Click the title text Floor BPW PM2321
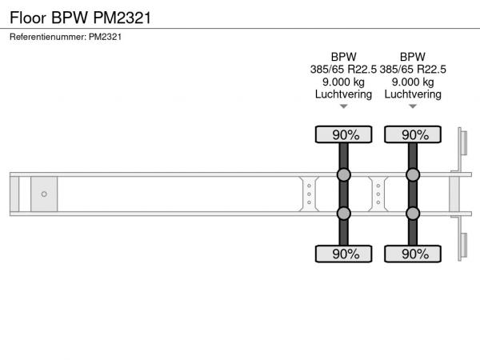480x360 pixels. pos(80,18)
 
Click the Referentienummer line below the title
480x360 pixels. pos(66,37)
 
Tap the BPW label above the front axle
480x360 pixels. pos(343,57)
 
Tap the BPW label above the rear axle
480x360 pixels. pos(413,57)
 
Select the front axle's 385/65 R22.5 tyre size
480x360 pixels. pos(343,70)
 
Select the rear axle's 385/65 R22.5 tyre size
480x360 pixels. pos(413,70)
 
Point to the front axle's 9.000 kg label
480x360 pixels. pos(343,82)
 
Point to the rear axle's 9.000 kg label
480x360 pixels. pos(413,82)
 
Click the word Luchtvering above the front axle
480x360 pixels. pos(343,94)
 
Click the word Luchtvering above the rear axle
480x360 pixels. pos(413,94)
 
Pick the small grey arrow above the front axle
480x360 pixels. pos(343,106)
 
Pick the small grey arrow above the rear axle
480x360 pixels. pos(413,106)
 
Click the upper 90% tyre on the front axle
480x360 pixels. pos(343,134)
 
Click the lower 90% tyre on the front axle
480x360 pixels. pos(343,254)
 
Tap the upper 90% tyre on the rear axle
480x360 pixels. pos(413,134)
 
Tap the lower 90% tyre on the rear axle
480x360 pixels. pos(413,254)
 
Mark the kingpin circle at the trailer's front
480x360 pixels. pos(44,194)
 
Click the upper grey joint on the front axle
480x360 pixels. pos(343,174)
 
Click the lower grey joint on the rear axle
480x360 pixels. pos(413,214)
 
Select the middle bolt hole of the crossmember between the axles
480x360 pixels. pos(378,194)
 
